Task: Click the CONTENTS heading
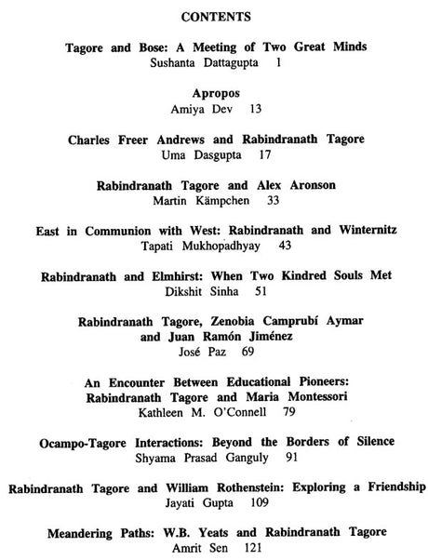[x=215, y=17]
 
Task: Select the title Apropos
[x=215, y=94]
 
